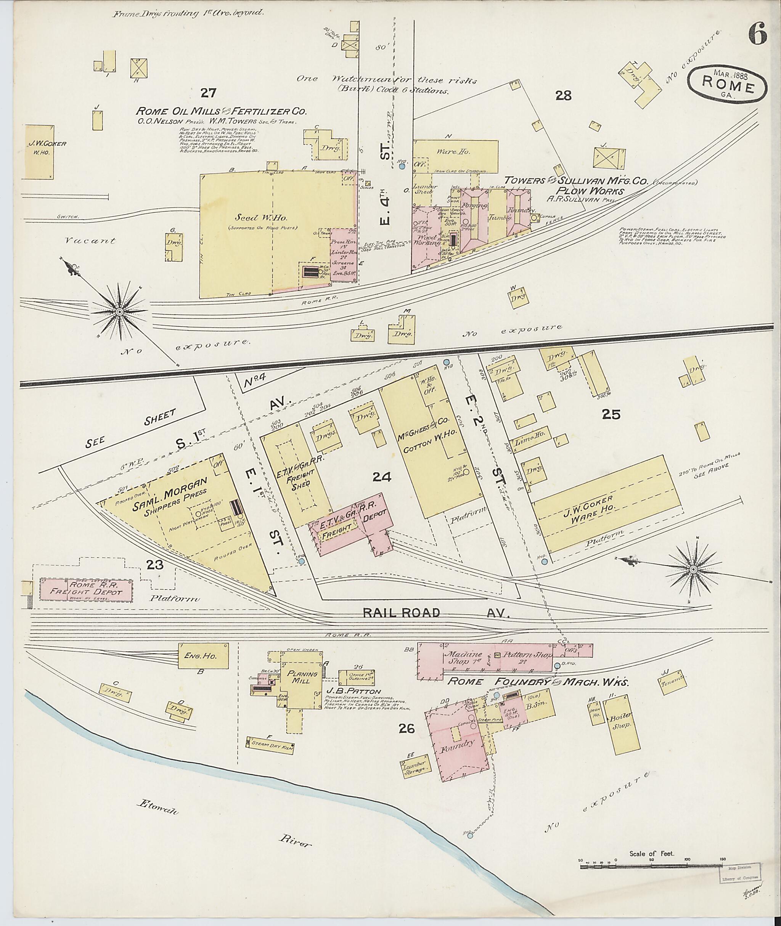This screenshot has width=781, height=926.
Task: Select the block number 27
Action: (x=208, y=93)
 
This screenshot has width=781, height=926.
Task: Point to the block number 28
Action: (x=564, y=95)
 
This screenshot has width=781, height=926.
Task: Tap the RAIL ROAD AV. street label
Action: (x=437, y=613)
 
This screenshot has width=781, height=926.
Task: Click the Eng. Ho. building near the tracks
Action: (x=203, y=656)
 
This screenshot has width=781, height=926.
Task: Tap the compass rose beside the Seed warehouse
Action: (x=119, y=312)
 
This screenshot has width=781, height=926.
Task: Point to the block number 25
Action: (x=611, y=414)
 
